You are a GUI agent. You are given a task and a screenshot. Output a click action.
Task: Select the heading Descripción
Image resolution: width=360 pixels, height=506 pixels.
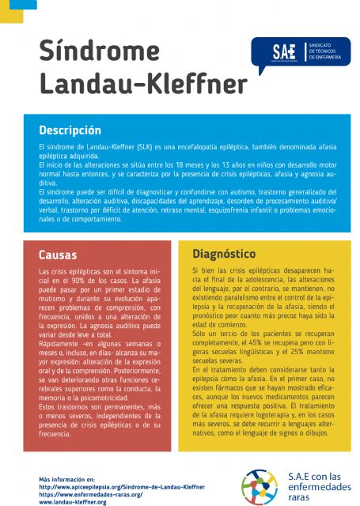point(70,130)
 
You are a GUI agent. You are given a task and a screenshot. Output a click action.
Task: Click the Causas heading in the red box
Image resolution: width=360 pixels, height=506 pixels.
point(58,255)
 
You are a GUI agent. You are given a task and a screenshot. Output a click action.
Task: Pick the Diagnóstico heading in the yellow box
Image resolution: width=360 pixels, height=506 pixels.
point(224,254)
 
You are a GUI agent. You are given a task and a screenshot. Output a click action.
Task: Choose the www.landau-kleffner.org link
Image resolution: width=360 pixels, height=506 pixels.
point(73,501)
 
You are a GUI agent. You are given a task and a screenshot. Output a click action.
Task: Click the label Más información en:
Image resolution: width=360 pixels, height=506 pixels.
point(66,480)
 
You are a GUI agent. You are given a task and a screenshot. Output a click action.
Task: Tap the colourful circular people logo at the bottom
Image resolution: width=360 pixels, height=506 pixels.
point(260,485)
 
